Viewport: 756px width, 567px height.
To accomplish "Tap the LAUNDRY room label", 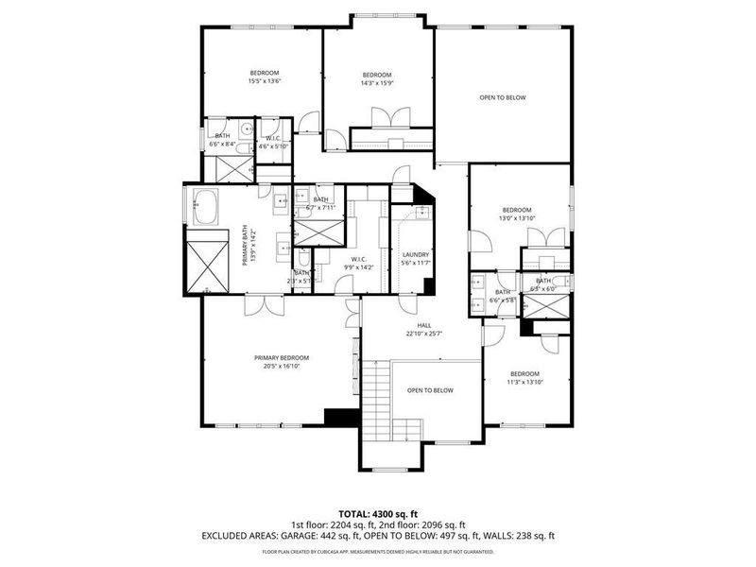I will point(416,254).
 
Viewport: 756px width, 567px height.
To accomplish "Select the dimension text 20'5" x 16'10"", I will point(282,366).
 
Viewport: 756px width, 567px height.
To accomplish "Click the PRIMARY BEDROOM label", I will point(282,357).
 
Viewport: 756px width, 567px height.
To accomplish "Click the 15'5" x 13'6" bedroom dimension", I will point(265,81).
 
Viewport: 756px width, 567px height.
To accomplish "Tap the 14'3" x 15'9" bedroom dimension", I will point(377,83).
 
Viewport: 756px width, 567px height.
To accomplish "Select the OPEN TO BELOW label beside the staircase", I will point(430,390).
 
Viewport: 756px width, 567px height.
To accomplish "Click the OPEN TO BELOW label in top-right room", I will point(502,97).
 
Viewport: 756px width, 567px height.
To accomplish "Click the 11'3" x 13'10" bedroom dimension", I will point(524,382).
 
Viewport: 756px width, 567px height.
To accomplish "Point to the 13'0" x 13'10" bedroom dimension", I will point(517,218).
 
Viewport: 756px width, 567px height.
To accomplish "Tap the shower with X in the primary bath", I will point(206,266).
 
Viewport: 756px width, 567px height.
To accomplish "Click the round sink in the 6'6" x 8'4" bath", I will point(246,129).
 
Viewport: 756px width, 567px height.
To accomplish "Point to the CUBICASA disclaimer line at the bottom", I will point(377,550).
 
